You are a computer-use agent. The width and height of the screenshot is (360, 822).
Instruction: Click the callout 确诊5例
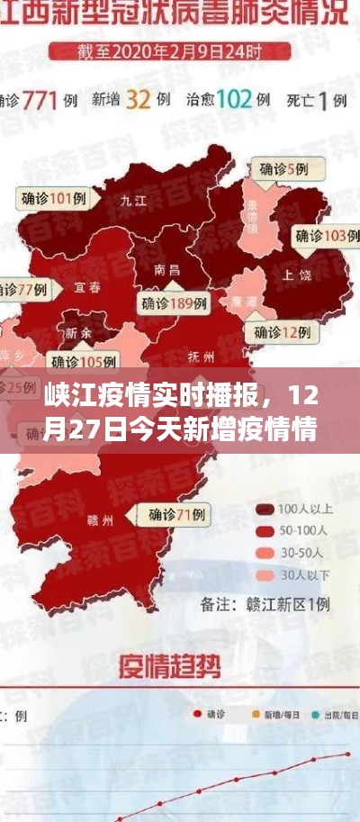(283, 168)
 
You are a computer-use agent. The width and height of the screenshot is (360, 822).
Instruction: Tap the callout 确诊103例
(320, 236)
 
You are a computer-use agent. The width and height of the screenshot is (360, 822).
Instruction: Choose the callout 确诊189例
(173, 303)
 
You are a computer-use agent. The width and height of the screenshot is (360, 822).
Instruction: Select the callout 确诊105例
(83, 363)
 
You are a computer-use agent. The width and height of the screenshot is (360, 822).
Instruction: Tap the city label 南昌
(166, 269)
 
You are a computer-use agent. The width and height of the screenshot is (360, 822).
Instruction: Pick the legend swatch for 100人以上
(265, 510)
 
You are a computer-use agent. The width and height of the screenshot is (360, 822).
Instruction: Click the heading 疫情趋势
(169, 667)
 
